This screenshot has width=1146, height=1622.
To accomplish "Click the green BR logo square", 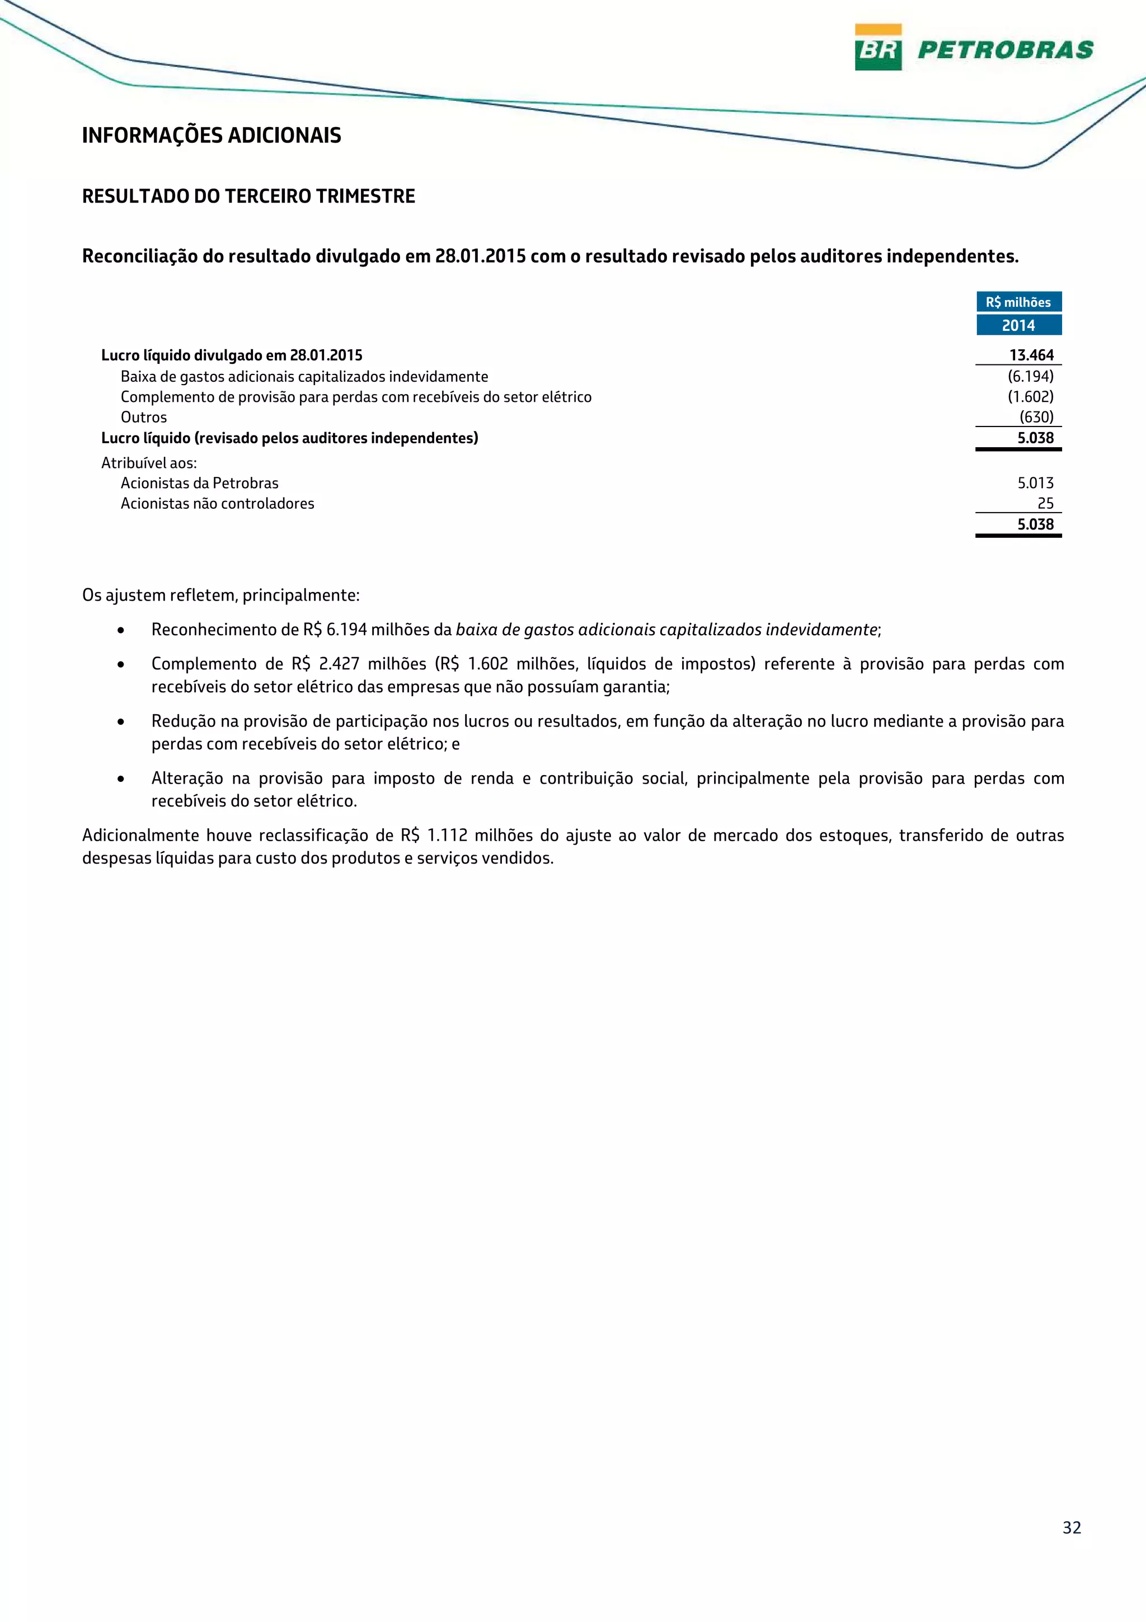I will pyautogui.click(x=877, y=48).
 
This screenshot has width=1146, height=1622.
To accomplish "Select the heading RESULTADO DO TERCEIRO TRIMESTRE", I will pyautogui.click(x=248, y=196).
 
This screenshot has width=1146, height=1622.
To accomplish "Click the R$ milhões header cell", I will pyautogui.click(x=1018, y=302).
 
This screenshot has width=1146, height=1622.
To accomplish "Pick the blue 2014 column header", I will pyautogui.click(x=1018, y=326).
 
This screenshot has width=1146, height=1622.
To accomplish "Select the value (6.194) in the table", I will pyautogui.click(x=1030, y=377).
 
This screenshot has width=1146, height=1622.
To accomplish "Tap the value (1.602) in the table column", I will pyautogui.click(x=1030, y=397).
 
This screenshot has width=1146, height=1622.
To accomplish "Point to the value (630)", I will pyautogui.click(x=1036, y=418).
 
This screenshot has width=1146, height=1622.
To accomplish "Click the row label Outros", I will pyautogui.click(x=143, y=418).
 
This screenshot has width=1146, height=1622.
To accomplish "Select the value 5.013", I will pyautogui.click(x=1035, y=483).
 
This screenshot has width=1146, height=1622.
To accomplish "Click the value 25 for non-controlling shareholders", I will pyautogui.click(x=1045, y=504).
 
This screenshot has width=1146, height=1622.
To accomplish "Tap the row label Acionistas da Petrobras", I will pyautogui.click(x=199, y=483).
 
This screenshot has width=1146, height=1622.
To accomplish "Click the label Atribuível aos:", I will pyautogui.click(x=149, y=463).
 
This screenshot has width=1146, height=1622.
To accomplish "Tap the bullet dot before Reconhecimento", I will pyautogui.click(x=121, y=630).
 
